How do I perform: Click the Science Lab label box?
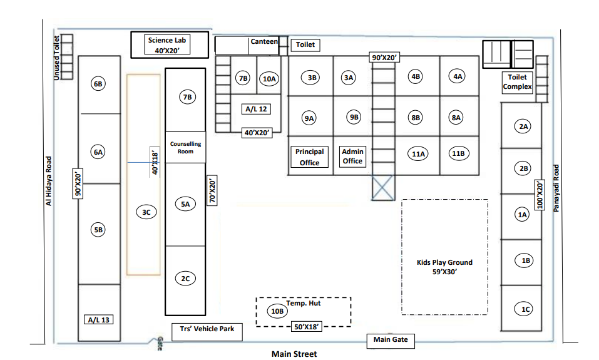[167, 44]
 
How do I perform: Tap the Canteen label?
[264, 42]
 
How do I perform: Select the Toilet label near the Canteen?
[305, 45]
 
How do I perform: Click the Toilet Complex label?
[518, 83]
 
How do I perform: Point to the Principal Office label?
[309, 157]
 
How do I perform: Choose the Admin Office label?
[352, 156]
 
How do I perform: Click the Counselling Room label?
[185, 147]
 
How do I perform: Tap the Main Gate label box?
[391, 340]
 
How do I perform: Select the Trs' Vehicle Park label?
[207, 329]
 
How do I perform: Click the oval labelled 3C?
[146, 212]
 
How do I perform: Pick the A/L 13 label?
[99, 320]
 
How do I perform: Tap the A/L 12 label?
[255, 109]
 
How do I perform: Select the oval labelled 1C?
[526, 308]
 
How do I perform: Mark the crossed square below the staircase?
[384, 188]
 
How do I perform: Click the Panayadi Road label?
[555, 188]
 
